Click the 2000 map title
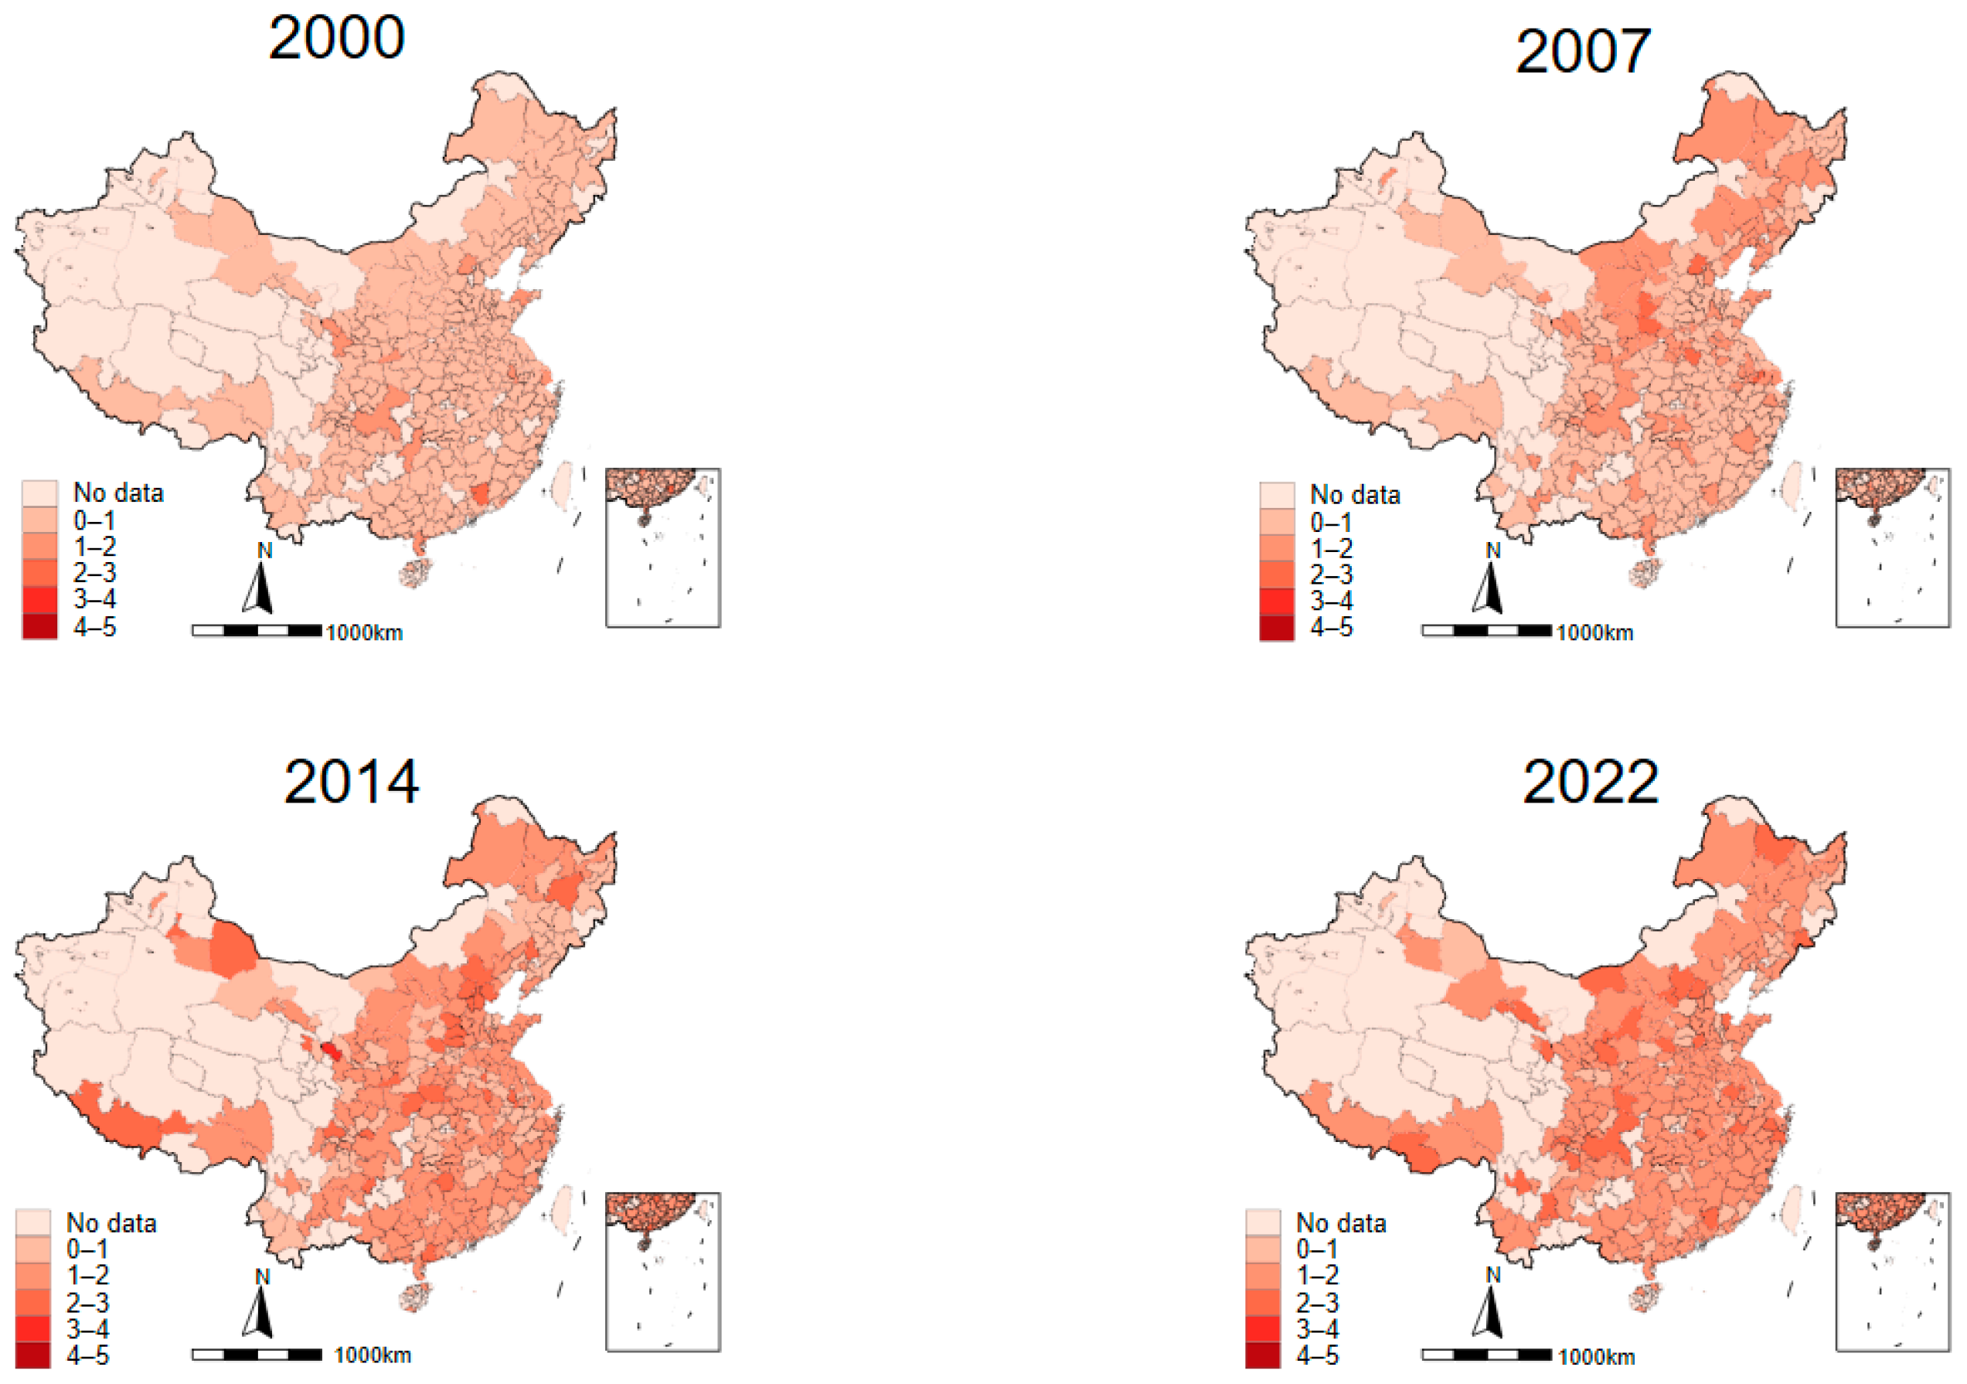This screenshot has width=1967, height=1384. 337,38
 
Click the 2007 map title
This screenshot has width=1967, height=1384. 1583,52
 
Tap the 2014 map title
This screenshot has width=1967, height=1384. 351,782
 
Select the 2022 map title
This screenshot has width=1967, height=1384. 1590,782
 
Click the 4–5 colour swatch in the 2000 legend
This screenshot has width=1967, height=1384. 39,626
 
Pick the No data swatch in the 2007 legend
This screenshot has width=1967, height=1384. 1277,496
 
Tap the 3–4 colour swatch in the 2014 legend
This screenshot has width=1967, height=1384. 32,1329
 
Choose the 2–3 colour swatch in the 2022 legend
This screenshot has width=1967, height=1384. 1263,1303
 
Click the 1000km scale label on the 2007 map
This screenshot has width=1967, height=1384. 1594,633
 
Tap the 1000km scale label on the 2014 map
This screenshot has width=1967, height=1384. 372,1355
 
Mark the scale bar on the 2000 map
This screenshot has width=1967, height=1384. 257,631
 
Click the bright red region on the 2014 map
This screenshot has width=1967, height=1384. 330,1051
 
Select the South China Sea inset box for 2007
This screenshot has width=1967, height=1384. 1893,547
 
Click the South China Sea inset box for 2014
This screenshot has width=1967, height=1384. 663,1273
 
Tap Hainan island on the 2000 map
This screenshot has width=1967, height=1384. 417,571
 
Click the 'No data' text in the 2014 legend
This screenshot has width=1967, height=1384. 111,1223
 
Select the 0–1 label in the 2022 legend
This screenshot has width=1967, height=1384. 1317,1249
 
